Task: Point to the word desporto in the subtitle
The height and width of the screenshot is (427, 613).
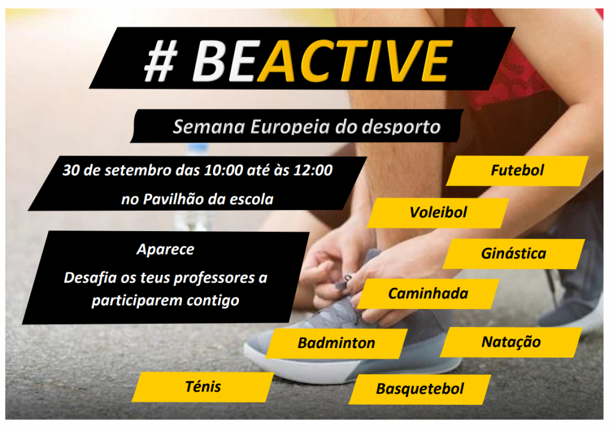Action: click(401, 128)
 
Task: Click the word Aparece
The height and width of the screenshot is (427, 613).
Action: click(165, 250)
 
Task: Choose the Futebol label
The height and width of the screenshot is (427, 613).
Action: click(517, 171)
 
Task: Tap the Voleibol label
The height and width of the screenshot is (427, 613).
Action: click(438, 213)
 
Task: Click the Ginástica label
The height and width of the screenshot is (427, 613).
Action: click(513, 254)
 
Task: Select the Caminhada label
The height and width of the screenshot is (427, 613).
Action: click(428, 293)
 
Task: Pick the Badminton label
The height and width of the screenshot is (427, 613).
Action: click(336, 343)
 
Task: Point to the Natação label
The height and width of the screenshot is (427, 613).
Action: click(511, 342)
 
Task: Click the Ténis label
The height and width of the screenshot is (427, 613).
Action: click(203, 387)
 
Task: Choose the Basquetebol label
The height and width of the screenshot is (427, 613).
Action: click(420, 389)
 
